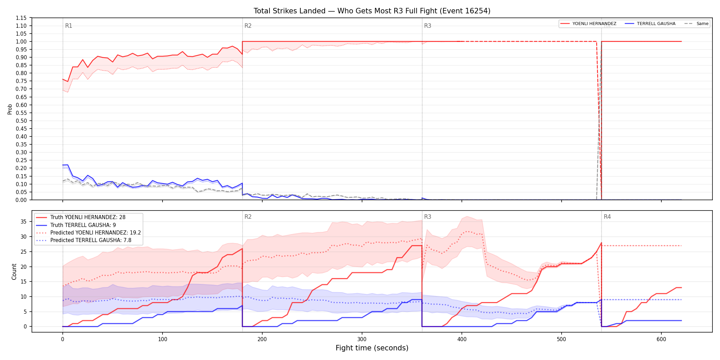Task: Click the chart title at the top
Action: pos(372,11)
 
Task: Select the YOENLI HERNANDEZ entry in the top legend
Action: pos(588,24)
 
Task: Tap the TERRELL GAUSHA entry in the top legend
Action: pos(650,24)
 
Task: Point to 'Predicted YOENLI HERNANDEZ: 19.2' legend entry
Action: pos(88,233)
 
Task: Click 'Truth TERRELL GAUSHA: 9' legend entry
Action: pos(76,225)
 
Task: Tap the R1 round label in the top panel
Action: pos(69,26)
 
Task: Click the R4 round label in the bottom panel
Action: pos(607,217)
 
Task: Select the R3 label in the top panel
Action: pos(428,26)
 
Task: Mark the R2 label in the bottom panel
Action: pos(248,217)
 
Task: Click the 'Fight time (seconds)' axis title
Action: pos(372,348)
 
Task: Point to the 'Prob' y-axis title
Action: pos(10,109)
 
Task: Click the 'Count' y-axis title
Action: pos(14,272)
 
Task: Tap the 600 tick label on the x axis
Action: pos(661,339)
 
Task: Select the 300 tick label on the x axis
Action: pos(362,339)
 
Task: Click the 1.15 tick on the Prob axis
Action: pos(21,18)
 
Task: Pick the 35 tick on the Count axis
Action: pos(24,221)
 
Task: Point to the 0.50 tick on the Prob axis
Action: pos(21,121)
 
